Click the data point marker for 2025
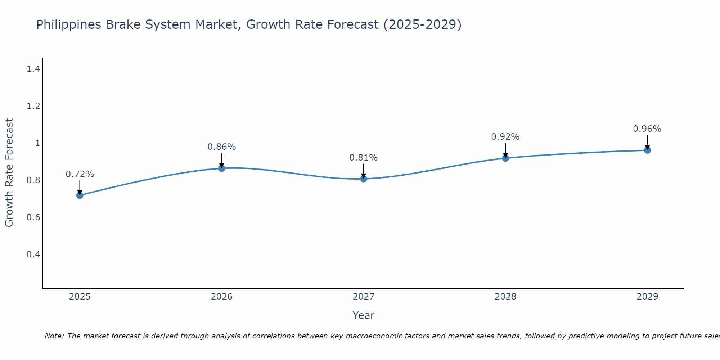80,195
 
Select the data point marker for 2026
221,168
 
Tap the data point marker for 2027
364,179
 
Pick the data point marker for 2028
505,158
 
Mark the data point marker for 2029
647,150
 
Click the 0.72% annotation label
80,174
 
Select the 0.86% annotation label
221,147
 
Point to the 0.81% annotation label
364,158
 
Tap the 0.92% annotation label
505,137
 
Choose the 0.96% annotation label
647,129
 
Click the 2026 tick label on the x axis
221,297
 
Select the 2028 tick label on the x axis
505,297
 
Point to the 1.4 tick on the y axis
33,69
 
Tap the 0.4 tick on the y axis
33,255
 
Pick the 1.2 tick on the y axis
33,106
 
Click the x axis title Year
364,315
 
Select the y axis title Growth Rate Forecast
9,173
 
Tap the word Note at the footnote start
54,336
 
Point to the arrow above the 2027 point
364,171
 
